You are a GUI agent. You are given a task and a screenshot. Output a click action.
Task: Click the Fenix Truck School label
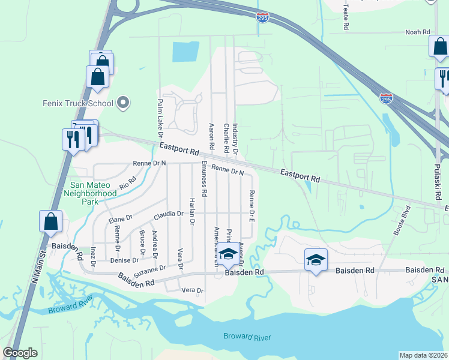tap(78, 103)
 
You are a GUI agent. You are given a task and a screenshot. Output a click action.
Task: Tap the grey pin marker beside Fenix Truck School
tap(123, 103)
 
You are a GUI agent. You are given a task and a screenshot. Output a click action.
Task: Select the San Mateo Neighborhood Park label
tap(90, 194)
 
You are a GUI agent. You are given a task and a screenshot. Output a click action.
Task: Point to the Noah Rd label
tap(418, 32)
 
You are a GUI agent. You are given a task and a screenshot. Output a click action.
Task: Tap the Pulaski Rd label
tap(437, 178)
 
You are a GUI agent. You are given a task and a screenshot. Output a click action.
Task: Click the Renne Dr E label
tap(252, 203)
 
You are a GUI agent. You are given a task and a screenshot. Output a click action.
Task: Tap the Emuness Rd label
tap(204, 179)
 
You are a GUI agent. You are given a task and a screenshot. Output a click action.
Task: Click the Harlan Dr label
tap(192, 211)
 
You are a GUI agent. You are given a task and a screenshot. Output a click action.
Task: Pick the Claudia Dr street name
tap(169, 214)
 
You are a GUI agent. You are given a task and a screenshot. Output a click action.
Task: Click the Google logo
tap(20, 353)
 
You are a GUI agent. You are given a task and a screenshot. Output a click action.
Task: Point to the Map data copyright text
tap(423, 355)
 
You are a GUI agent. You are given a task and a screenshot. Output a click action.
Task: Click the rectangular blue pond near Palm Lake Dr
tap(185, 52)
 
